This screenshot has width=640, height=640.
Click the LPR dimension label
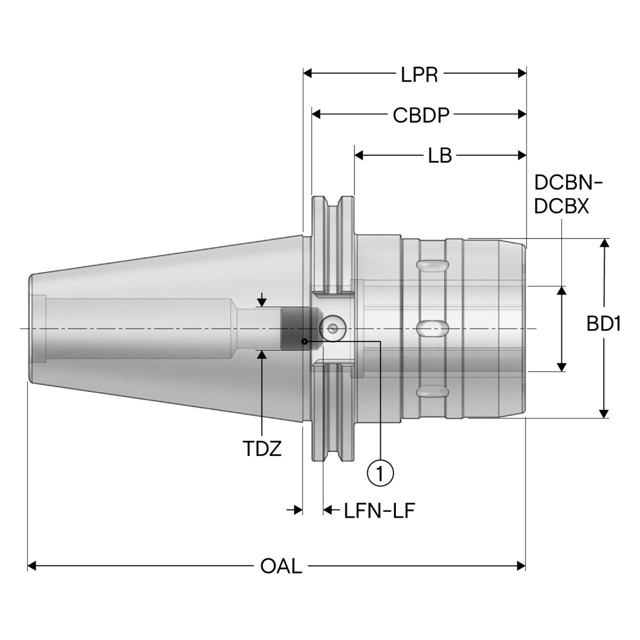[419, 74]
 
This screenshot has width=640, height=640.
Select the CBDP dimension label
[421, 115]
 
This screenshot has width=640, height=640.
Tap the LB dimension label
[439, 155]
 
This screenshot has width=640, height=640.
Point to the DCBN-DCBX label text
[568, 194]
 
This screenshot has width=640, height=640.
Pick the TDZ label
[261, 448]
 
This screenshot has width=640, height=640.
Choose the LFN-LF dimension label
[379, 511]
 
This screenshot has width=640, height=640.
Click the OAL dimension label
[281, 566]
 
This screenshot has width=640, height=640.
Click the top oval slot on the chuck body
[432, 265]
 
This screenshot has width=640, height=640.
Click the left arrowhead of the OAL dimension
[31, 566]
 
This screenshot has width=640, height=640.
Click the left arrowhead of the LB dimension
[358, 155]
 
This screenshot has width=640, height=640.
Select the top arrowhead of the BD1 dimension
[604, 243]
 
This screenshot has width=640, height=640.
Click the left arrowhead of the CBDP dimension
[316, 114]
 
